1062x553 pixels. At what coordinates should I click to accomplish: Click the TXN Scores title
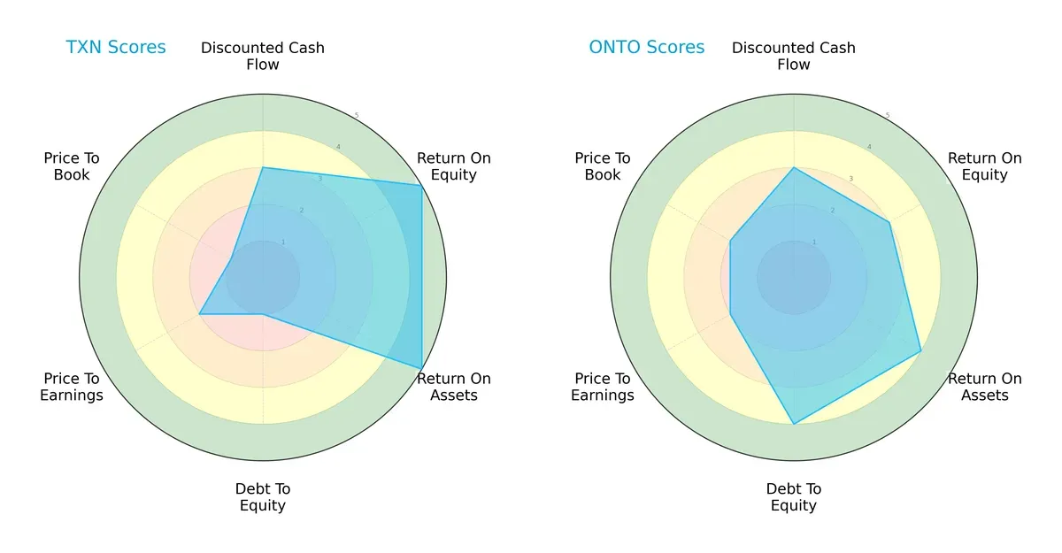coord(116,48)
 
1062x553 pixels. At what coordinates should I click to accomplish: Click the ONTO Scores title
coord(647,48)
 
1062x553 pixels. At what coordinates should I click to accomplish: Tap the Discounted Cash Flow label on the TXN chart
coord(263,56)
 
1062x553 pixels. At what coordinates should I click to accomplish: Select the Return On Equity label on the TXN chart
coord(454,166)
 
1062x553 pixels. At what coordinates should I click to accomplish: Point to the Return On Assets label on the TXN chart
coord(454,387)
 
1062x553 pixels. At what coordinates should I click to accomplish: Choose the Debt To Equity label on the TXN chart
coord(263,497)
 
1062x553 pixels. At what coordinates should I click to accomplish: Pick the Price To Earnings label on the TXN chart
coord(72,387)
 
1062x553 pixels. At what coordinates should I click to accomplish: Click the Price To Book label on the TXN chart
coord(72,166)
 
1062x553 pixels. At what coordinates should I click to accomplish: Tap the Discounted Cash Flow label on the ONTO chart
coord(794,56)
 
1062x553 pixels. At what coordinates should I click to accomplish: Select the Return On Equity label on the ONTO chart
coord(985,166)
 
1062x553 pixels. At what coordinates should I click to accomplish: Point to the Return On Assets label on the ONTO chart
coord(985,387)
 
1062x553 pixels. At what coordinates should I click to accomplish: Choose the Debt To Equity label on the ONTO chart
coord(794,497)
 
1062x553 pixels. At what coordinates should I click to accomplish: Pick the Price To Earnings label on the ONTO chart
coord(603,387)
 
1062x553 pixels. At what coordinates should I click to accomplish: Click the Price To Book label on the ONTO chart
coord(603,166)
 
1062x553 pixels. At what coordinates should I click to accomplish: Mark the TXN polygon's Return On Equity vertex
coord(420,185)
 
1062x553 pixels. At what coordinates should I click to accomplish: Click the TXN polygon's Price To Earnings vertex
coord(199,314)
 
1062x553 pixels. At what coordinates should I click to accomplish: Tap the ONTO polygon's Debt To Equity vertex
coord(794,424)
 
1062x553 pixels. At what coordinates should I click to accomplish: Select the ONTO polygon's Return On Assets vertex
coord(921,351)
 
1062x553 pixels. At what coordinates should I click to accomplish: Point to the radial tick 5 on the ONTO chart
coord(888,116)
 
